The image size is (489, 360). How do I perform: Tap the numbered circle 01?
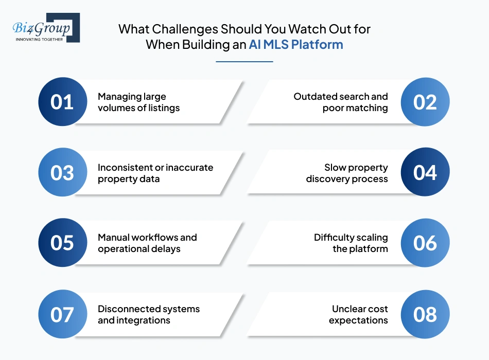click(x=62, y=102)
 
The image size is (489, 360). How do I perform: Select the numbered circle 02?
click(x=425, y=102)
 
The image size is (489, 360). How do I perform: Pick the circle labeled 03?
click(x=62, y=173)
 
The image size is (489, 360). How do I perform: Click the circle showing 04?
click(x=425, y=173)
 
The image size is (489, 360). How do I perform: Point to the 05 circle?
click(x=62, y=243)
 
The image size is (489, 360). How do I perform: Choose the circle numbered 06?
click(x=425, y=243)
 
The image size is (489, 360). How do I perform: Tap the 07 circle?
click(x=62, y=314)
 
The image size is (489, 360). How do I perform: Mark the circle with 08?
click(x=425, y=314)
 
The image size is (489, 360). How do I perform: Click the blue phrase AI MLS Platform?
click(x=295, y=45)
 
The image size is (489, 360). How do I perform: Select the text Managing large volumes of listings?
click(x=139, y=102)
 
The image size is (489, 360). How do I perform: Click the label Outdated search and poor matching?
click(x=341, y=102)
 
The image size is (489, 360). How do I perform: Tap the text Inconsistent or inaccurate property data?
click(x=155, y=173)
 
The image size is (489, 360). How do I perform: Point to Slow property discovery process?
click(x=347, y=173)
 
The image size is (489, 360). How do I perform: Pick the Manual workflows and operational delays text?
click(x=147, y=243)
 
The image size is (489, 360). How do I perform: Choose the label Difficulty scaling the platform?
click(x=351, y=243)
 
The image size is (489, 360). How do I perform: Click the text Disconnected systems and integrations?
click(x=149, y=314)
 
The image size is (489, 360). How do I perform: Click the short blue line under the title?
click(x=244, y=62)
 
